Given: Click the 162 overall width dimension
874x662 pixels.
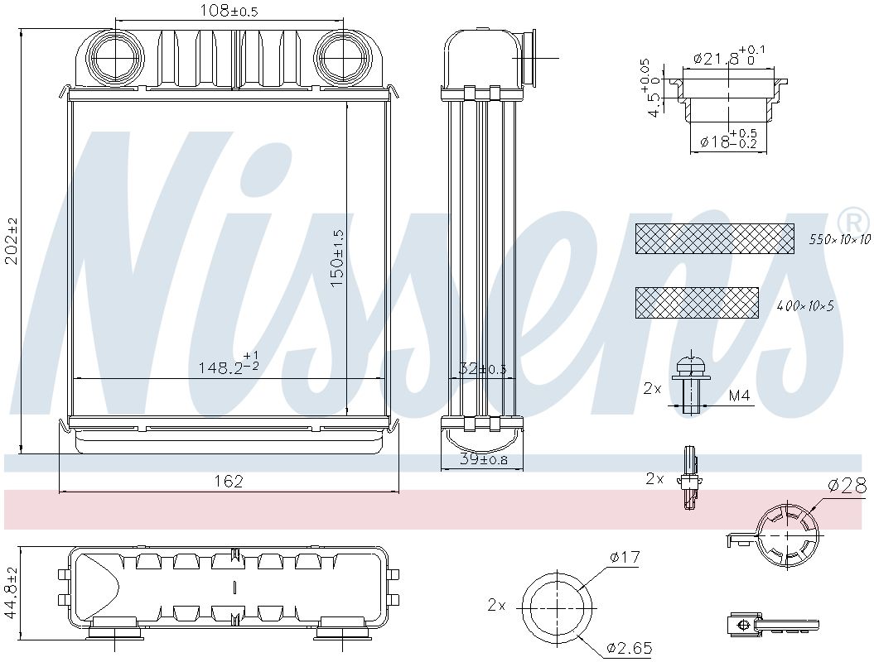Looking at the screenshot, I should [229, 482].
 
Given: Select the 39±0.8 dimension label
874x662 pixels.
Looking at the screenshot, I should [483, 460].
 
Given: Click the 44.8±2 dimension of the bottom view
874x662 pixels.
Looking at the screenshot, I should [10, 593].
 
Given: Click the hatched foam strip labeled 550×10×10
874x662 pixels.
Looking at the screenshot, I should [714, 238].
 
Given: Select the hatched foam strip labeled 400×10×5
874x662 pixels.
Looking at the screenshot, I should [696, 303].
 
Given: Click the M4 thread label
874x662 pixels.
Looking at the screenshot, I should [739, 396].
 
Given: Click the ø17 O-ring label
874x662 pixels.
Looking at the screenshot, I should [625, 558].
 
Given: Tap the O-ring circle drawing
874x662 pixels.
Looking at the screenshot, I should [558, 605].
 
